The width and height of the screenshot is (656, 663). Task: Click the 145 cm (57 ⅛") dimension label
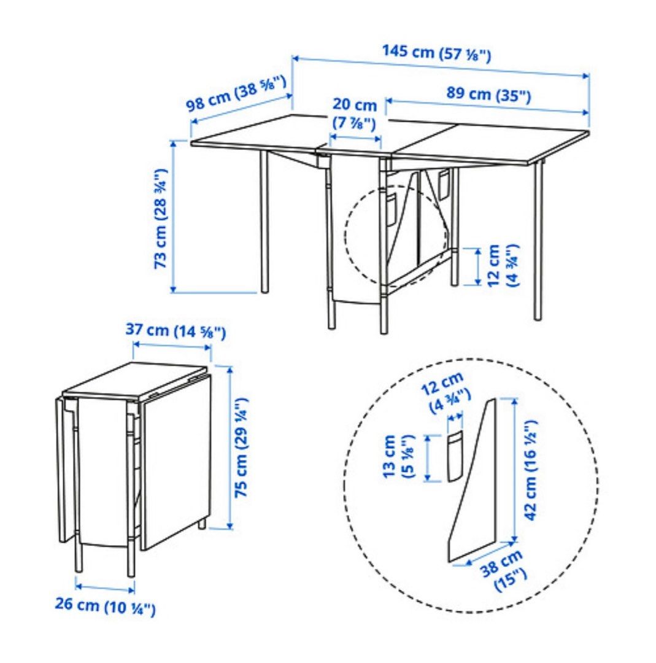437,53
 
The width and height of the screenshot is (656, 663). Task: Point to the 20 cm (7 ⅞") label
354,114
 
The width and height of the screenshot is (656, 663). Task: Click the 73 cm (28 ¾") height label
161,219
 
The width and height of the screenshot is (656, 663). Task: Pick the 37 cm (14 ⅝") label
176,330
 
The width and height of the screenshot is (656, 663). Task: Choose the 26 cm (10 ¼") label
106,606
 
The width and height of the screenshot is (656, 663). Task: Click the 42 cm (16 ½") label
531,470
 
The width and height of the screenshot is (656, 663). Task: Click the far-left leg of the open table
264,221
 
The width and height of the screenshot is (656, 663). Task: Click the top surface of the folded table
134,380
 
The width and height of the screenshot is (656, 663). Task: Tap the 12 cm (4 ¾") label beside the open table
502,266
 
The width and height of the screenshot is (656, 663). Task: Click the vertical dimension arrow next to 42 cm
514,470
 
